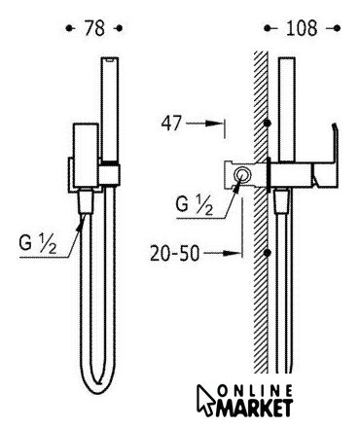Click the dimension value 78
tap(94, 28)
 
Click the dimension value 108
tap(302, 28)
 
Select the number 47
tap(171, 124)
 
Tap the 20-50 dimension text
tap(174, 254)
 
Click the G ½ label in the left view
tap(37, 243)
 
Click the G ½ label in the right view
tap(195, 205)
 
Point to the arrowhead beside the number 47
tap(213, 124)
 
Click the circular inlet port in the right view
tap(242, 175)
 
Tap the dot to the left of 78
tap(68, 28)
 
